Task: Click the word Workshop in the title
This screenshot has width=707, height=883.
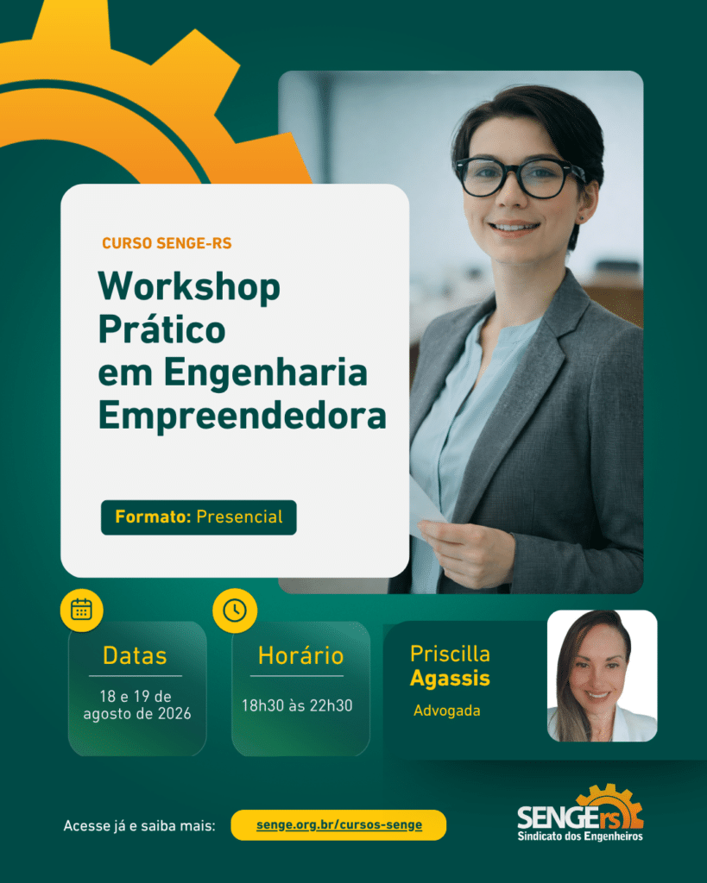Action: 189,287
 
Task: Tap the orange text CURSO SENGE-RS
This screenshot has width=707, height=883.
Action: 167,243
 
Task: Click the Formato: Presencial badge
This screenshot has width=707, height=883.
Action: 199,517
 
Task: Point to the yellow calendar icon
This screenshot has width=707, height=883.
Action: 82,610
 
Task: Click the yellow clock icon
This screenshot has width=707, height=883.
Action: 235,611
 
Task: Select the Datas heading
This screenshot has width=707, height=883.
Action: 135,656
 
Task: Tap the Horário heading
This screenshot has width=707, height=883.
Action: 300,655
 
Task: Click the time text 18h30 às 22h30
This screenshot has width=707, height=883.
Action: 297,705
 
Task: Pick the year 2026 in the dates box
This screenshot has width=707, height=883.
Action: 174,714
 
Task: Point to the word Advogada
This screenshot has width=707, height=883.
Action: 446,711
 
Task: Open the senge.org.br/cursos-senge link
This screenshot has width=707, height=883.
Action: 339,825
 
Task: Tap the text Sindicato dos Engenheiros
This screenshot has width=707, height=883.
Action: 580,836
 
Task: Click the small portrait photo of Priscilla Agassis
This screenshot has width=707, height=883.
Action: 603,676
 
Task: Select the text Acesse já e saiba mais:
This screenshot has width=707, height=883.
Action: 139,826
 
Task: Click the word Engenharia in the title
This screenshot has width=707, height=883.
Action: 266,373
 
